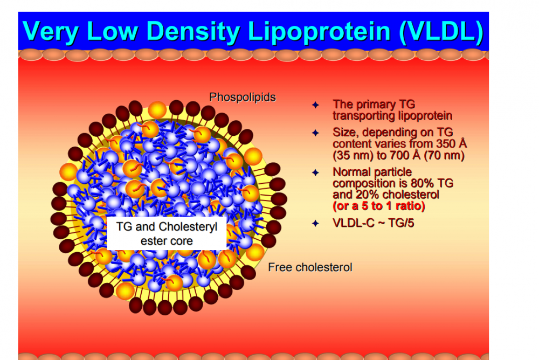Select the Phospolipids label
[x=243, y=98]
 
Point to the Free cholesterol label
[x=310, y=267]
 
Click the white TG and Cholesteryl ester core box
[x=167, y=233]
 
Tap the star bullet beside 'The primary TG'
[x=316, y=105]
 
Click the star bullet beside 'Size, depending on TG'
[x=316, y=133]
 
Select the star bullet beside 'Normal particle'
[x=316, y=172]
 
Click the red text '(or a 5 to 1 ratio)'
[x=379, y=206]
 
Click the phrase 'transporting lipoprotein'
[x=392, y=116]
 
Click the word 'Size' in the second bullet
[x=344, y=133]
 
